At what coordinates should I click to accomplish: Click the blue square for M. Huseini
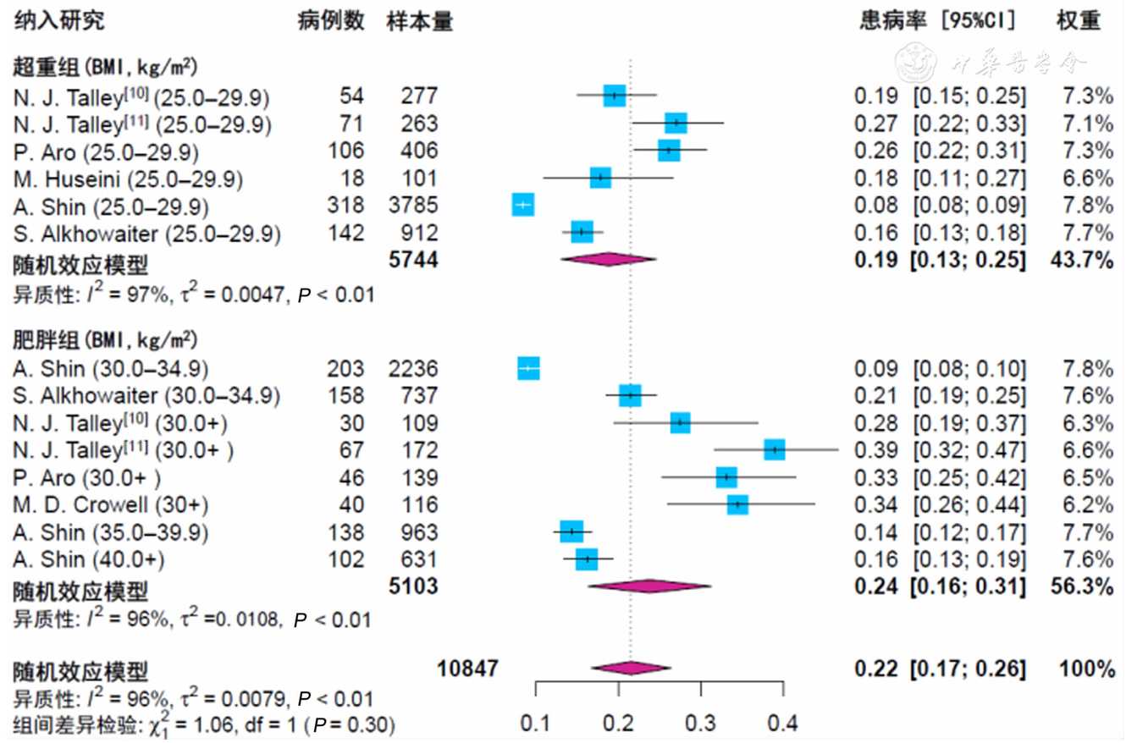[600, 178]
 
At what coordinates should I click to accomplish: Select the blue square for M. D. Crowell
[737, 505]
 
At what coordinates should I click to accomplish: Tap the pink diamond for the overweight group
[608, 261]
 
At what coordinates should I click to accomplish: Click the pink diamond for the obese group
[649, 586]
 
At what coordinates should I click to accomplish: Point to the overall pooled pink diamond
[631, 669]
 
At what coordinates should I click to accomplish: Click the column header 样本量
[420, 21]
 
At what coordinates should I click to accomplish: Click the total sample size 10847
[467, 669]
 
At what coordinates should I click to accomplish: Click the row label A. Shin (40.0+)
[90, 559]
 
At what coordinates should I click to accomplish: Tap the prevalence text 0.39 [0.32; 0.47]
[940, 449]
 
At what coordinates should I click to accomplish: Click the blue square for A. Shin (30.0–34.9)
[528, 368]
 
